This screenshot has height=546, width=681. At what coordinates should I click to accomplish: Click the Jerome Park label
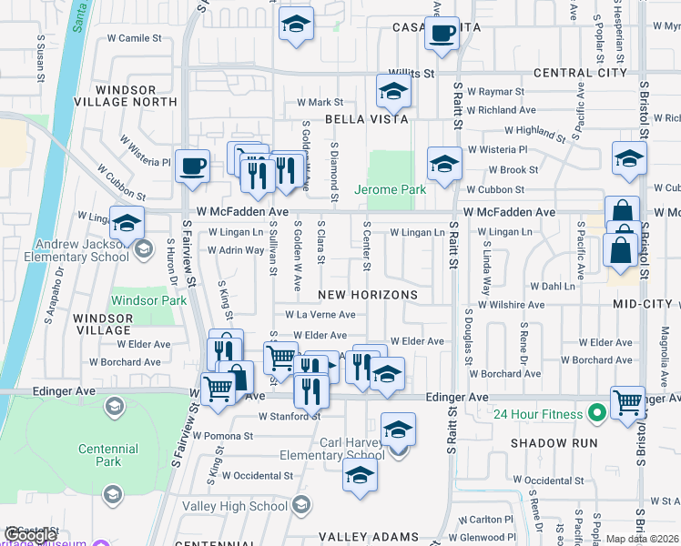click(391, 191)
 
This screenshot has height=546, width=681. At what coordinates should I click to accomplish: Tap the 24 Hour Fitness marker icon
click(597, 414)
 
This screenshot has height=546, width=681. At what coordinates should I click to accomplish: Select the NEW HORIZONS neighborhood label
click(368, 296)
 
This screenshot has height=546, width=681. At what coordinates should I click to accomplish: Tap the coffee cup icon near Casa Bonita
click(442, 34)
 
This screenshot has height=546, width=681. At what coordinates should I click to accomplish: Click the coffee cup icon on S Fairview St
click(192, 166)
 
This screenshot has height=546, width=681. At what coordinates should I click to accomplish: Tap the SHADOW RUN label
click(554, 443)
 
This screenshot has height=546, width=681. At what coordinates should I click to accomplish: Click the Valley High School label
click(235, 507)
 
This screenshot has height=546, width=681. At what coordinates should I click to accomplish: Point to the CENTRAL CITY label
click(581, 72)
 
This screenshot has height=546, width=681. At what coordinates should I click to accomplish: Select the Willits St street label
click(412, 72)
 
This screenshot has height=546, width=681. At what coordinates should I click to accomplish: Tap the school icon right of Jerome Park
click(444, 164)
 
